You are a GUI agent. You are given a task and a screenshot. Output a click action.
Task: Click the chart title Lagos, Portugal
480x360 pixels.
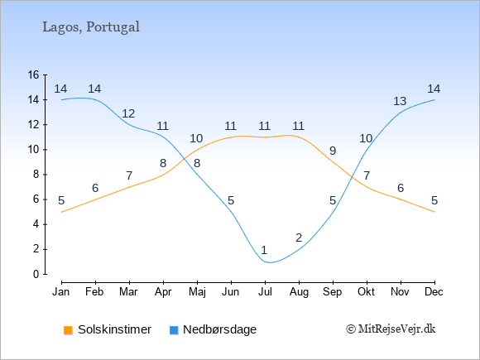tap(91, 27)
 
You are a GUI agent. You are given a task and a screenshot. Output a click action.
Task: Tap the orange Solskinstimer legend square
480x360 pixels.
tap(68, 330)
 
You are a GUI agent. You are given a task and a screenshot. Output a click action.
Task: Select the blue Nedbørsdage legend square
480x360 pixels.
tap(174, 330)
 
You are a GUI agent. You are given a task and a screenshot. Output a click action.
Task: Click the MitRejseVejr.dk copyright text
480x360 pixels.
tap(391, 329)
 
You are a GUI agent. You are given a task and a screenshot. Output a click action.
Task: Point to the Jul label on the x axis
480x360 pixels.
tap(265, 292)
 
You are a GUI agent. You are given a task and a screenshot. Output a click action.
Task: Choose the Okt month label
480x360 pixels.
tap(366, 292)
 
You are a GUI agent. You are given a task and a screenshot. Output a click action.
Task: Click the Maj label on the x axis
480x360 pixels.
tap(197, 292)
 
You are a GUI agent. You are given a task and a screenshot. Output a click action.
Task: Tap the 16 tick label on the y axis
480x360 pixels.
tap(33, 74)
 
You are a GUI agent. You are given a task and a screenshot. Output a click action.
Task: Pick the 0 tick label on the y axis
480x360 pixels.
tap(36, 274)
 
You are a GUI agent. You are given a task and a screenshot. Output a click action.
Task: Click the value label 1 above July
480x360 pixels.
tap(264, 250)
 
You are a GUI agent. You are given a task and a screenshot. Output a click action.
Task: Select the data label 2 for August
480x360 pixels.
tap(299, 238)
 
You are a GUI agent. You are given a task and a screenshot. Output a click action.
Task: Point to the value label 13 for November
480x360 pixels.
tap(400, 101)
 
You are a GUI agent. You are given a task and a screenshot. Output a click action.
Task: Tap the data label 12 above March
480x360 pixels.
tap(128, 113)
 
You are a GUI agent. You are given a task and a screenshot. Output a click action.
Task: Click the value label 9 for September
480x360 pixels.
tap(333, 151)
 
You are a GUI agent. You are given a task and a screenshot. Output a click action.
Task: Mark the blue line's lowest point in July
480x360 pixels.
tap(270, 262)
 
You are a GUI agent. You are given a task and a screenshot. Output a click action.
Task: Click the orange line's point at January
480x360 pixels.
tap(62, 212)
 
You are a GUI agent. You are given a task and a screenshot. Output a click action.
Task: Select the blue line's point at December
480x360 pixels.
tap(434, 100)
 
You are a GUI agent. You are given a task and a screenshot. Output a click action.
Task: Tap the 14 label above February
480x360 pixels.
tap(94, 89)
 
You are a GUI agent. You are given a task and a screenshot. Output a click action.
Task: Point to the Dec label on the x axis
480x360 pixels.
tap(434, 292)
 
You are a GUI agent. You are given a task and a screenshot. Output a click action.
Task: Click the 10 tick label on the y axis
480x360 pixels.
tap(33, 150)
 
